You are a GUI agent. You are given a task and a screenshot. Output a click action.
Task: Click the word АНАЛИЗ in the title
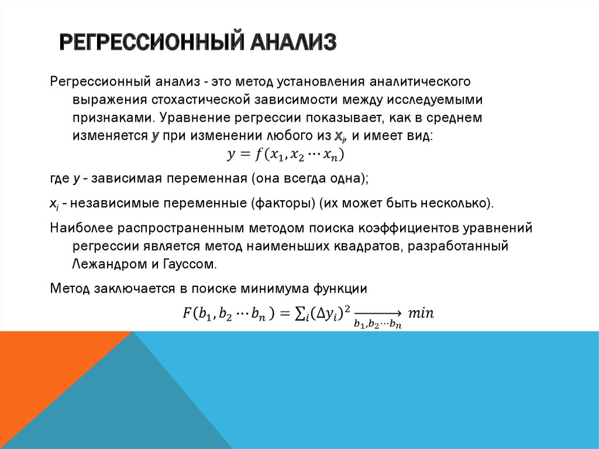(x=295, y=43)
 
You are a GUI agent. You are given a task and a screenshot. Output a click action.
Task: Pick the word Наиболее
(x=81, y=227)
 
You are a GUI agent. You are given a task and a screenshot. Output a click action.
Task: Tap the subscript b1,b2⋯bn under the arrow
(x=378, y=323)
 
